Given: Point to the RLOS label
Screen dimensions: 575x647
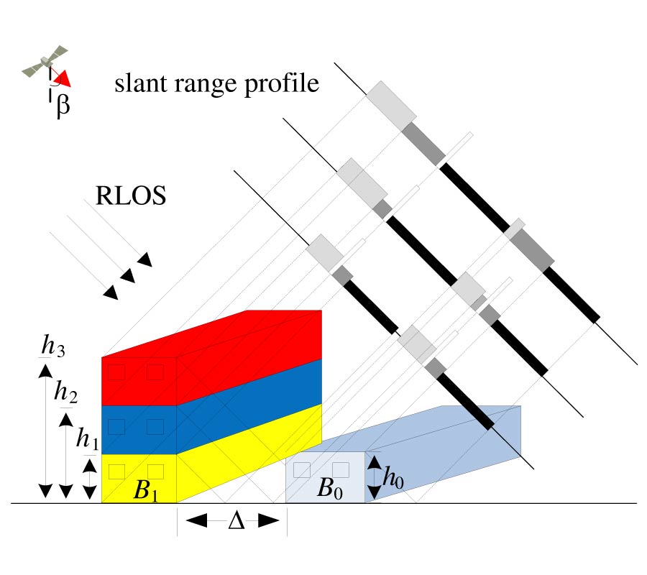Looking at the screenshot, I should pyautogui.click(x=131, y=195).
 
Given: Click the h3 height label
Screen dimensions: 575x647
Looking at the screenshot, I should pyautogui.click(x=53, y=346).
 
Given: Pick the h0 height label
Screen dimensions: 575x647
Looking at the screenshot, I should pyautogui.click(x=394, y=476).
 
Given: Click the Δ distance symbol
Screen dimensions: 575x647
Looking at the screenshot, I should pyautogui.click(x=236, y=520).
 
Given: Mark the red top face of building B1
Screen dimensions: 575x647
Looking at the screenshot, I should pyautogui.click(x=211, y=333).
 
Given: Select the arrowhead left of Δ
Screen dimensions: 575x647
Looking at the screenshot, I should pyautogui.click(x=194, y=520).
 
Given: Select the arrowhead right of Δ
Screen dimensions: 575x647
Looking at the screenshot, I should pyautogui.click(x=269, y=520).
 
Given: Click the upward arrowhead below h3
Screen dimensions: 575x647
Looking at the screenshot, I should pyautogui.click(x=45, y=371).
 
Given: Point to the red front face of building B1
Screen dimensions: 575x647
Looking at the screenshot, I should pyautogui.click(x=139, y=381).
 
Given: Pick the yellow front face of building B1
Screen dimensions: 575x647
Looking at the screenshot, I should pyautogui.click(x=139, y=474).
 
